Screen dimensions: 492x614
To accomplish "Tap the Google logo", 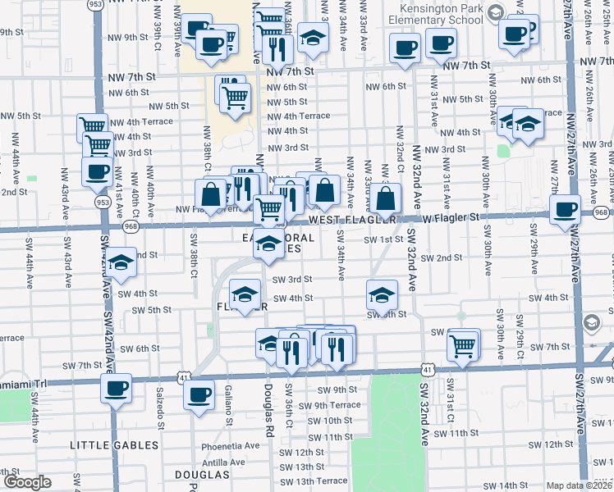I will pyautogui.click(x=27, y=482).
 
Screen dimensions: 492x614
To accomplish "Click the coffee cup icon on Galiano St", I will pyautogui.click(x=198, y=394).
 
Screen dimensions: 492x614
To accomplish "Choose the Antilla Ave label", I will pyautogui.click(x=223, y=462).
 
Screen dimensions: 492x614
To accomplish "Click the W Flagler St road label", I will pyautogui.click(x=450, y=217).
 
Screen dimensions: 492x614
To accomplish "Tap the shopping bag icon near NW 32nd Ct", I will pyautogui.click(x=385, y=198).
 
